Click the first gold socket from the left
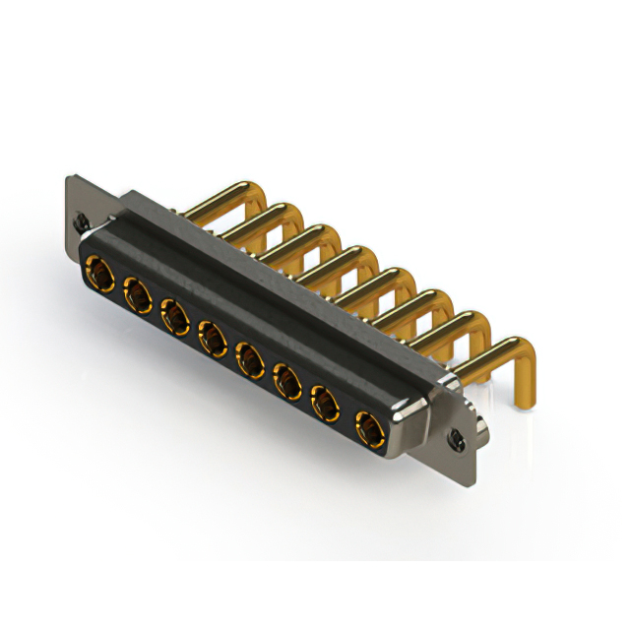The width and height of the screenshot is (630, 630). [98, 269]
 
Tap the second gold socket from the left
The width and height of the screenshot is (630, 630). [136, 292]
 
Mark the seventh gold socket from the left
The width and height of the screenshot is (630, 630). [326, 405]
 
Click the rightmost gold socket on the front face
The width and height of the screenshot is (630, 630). [368, 427]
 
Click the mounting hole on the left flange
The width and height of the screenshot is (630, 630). [83, 221]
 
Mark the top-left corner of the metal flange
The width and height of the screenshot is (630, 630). [68, 177]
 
